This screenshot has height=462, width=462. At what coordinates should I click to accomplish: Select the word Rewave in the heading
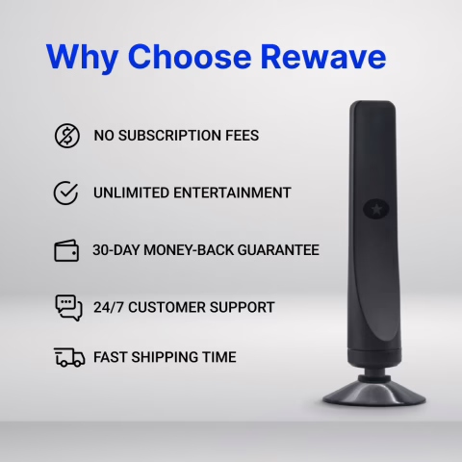(x=324, y=56)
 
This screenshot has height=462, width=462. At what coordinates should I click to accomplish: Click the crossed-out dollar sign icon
(x=66, y=136)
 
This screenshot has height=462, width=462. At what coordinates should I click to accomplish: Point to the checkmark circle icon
(x=66, y=192)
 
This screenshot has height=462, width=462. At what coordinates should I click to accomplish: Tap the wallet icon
(x=66, y=250)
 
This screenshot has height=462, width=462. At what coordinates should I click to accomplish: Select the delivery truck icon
(x=68, y=357)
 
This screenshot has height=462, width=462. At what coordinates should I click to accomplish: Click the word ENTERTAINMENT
(x=235, y=192)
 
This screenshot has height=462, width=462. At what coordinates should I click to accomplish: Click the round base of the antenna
(x=373, y=392)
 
